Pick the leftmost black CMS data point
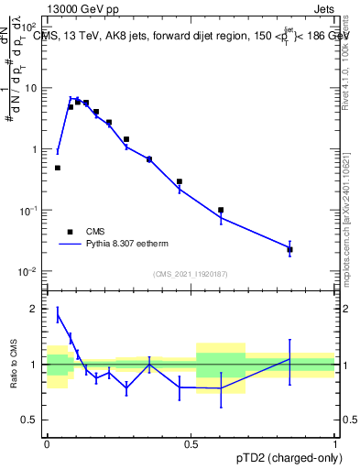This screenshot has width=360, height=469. [58, 168]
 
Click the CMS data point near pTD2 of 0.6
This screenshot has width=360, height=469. [221, 210]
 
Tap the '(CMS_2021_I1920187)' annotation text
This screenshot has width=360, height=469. [191, 274]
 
